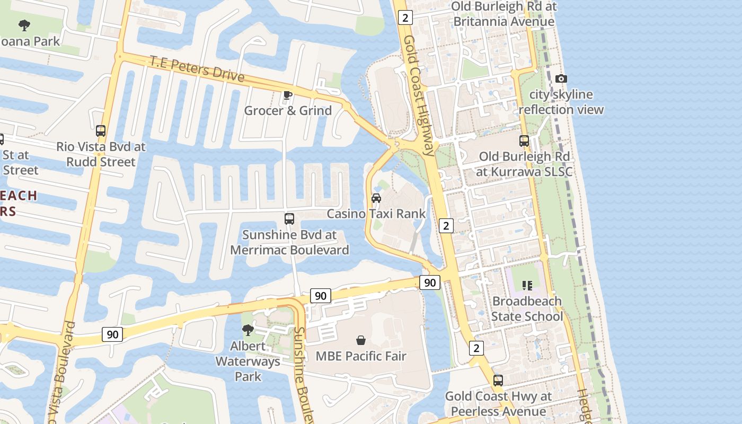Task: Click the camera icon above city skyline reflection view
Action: (561, 79)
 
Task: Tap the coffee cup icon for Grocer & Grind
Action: (287, 95)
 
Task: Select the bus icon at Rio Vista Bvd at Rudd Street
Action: (101, 130)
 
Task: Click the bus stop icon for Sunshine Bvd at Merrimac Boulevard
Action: (289, 218)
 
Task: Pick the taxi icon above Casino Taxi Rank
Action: (376, 198)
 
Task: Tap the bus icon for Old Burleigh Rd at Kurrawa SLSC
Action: (524, 141)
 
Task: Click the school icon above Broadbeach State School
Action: (527, 286)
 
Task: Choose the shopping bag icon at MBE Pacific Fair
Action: (361, 340)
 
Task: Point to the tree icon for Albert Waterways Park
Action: (248, 330)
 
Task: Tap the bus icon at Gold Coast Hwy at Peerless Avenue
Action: (498, 381)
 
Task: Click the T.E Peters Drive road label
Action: (197, 68)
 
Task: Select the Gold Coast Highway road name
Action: (419, 95)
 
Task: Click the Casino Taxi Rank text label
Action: (376, 214)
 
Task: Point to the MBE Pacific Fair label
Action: (361, 356)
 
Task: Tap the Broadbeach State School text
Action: (527, 308)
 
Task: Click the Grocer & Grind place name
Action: (288, 110)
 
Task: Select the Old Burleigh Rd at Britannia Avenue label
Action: (503, 14)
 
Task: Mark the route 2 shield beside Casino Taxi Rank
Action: (446, 226)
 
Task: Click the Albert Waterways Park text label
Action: (248, 361)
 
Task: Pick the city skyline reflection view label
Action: (561, 102)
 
